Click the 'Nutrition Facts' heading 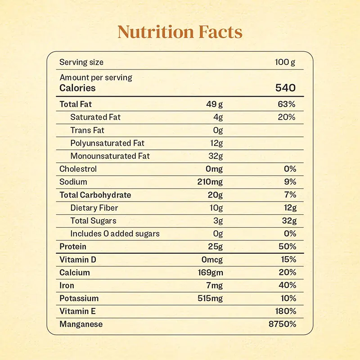point(180,32)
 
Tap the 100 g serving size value point(285,62)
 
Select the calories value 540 point(285,88)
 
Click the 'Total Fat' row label point(76,104)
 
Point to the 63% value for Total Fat point(287,104)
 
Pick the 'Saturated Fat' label point(95,117)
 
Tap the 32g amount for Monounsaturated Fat point(215,156)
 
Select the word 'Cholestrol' point(78,169)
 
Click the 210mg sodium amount point(210,182)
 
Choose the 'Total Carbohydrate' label point(95,195)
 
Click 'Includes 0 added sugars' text point(115,234)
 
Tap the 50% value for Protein point(287,247)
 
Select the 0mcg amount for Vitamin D point(212,260)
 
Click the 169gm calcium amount point(210,272)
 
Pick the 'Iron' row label point(67,285)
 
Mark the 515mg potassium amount point(210,298)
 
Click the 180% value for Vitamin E point(285,311)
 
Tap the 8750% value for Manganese point(283,324)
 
